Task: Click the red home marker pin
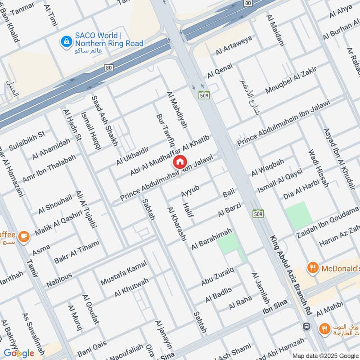[x=180, y=162]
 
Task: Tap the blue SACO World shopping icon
[x=67, y=40]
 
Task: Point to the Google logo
[x=19, y=353]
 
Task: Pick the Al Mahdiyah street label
[x=176, y=110]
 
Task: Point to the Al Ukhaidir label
[x=132, y=155]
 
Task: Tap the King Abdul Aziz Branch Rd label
[x=291, y=276]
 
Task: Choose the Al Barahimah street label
[x=211, y=239]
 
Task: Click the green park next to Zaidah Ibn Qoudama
[x=298, y=214]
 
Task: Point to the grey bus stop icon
[x=306, y=326]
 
